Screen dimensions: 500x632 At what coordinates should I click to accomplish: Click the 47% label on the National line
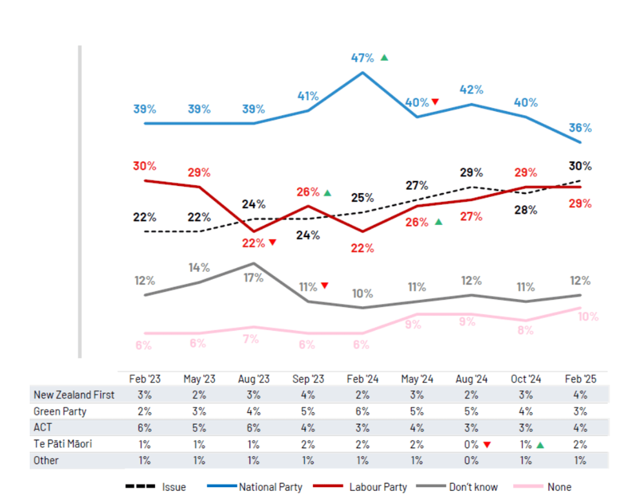tap(362, 57)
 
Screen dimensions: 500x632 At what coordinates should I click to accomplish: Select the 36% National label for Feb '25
tap(580, 127)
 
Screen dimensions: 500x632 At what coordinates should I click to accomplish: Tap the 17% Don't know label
tap(254, 278)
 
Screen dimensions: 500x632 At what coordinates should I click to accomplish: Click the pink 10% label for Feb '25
tap(587, 317)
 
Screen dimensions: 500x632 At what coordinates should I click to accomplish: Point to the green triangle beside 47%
tap(384, 57)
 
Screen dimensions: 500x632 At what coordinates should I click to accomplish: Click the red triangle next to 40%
tap(435, 102)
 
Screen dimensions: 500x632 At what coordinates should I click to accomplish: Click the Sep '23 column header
tap(308, 378)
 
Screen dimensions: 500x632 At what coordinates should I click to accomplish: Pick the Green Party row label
tap(60, 411)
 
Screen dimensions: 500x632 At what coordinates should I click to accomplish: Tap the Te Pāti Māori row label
tap(64, 444)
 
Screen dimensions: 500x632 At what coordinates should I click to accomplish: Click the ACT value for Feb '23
tap(145, 427)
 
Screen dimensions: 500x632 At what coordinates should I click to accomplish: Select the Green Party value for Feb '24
tap(362, 411)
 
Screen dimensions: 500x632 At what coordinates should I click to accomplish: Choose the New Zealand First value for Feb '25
tap(580, 395)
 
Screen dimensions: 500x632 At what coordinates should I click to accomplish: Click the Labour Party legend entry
tap(371, 486)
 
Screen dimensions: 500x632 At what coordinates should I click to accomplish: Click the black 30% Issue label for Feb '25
tap(580, 166)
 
